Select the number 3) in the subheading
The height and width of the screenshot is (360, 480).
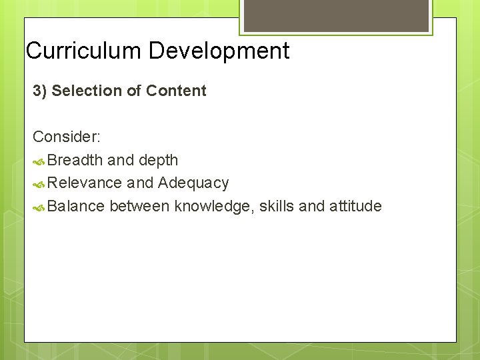tap(40, 91)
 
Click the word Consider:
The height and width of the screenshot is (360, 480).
tap(67, 137)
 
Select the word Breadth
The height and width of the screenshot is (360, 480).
tap(75, 160)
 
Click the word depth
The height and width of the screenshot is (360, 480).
tap(158, 160)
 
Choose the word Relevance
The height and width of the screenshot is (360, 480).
tap(85, 183)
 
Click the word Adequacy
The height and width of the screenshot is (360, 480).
tap(193, 183)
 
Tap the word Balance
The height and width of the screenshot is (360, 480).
tap(77, 206)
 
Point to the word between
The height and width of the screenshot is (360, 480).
tap(139, 206)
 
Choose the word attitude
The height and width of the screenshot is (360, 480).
tap(355, 206)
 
